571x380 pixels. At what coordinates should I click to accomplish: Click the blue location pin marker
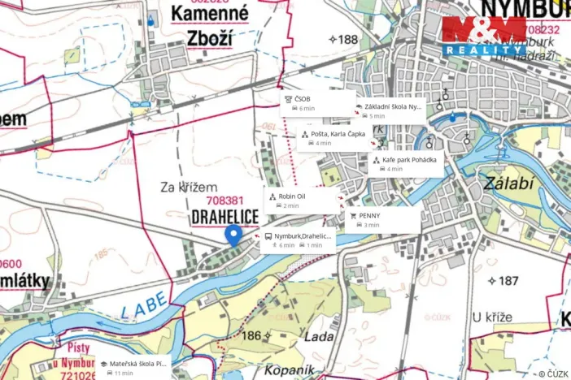click(233, 235)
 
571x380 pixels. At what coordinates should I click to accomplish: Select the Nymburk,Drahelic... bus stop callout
click(297, 240)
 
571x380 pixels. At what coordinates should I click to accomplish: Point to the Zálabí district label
click(508, 184)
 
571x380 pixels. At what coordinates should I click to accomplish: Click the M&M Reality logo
click(484, 37)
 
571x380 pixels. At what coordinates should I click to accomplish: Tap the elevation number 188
click(343, 39)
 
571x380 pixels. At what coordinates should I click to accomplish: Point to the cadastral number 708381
click(225, 201)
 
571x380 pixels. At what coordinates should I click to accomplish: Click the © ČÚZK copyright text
click(553, 373)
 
